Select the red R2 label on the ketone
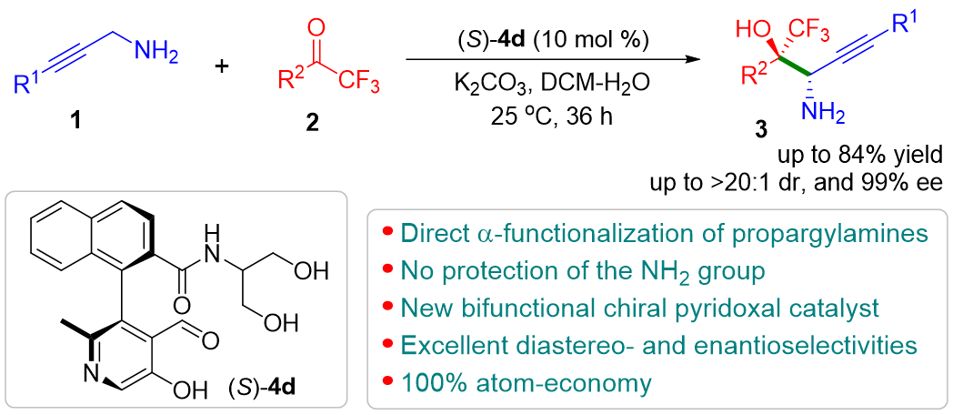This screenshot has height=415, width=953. [x=291, y=81]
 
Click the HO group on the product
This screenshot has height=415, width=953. [x=752, y=29]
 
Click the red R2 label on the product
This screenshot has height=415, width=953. [x=757, y=74]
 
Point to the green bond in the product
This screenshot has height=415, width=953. [x=795, y=66]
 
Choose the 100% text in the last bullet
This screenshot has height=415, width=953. [x=426, y=383]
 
